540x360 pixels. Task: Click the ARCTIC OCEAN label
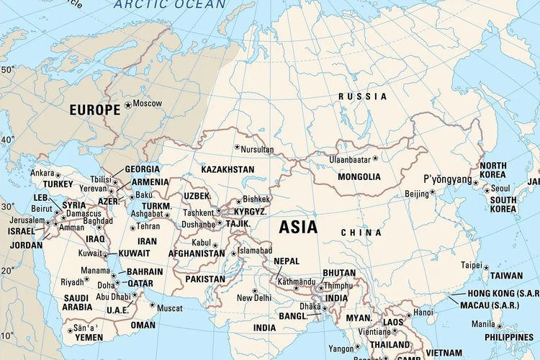pyautogui.click(x=171, y=4)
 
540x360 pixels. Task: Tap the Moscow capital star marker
pyautogui.click(x=128, y=104)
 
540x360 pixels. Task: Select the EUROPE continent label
pyautogui.click(x=94, y=110)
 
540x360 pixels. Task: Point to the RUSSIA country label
pyautogui.click(x=362, y=96)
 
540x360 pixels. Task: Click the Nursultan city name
pyautogui.click(x=258, y=149)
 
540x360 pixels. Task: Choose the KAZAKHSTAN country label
pyautogui.click(x=228, y=169)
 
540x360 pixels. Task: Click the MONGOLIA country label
pyautogui.click(x=359, y=176)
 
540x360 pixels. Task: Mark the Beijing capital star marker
pyautogui.click(x=433, y=192)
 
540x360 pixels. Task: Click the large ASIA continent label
pyautogui.click(x=298, y=227)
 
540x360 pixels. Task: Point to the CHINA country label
pyautogui.click(x=361, y=233)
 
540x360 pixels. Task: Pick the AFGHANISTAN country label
pyautogui.click(x=197, y=253)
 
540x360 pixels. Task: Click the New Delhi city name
pyautogui.click(x=254, y=298)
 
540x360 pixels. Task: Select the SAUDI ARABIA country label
pyautogui.click(x=77, y=302)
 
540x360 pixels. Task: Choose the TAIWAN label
pyautogui.click(x=506, y=276)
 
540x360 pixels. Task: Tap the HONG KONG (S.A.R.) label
pyautogui.click(x=500, y=293)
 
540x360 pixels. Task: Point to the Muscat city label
pyautogui.click(x=169, y=307)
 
